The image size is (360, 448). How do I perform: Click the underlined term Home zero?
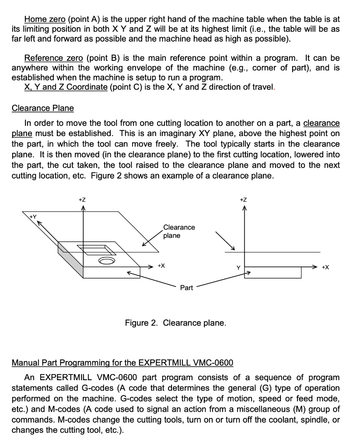(x=45, y=19)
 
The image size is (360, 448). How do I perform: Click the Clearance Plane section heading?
(x=42, y=108)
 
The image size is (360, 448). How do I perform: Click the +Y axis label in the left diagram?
(x=33, y=217)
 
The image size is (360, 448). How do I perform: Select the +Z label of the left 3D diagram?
(x=82, y=199)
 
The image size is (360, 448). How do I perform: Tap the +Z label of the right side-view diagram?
(x=244, y=199)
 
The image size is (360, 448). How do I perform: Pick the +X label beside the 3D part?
(x=161, y=266)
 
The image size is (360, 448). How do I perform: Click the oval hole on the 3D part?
(x=106, y=261)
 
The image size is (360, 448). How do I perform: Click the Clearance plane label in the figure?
(x=179, y=231)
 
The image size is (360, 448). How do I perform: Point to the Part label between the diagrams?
(x=186, y=287)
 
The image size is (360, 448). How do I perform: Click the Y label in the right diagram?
(x=238, y=267)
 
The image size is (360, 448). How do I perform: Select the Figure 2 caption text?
(x=175, y=323)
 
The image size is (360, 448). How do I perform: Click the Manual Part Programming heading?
(x=122, y=363)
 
